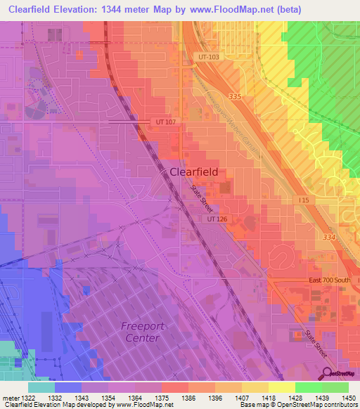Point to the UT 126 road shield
218,219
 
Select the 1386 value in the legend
188,398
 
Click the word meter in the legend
9,398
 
